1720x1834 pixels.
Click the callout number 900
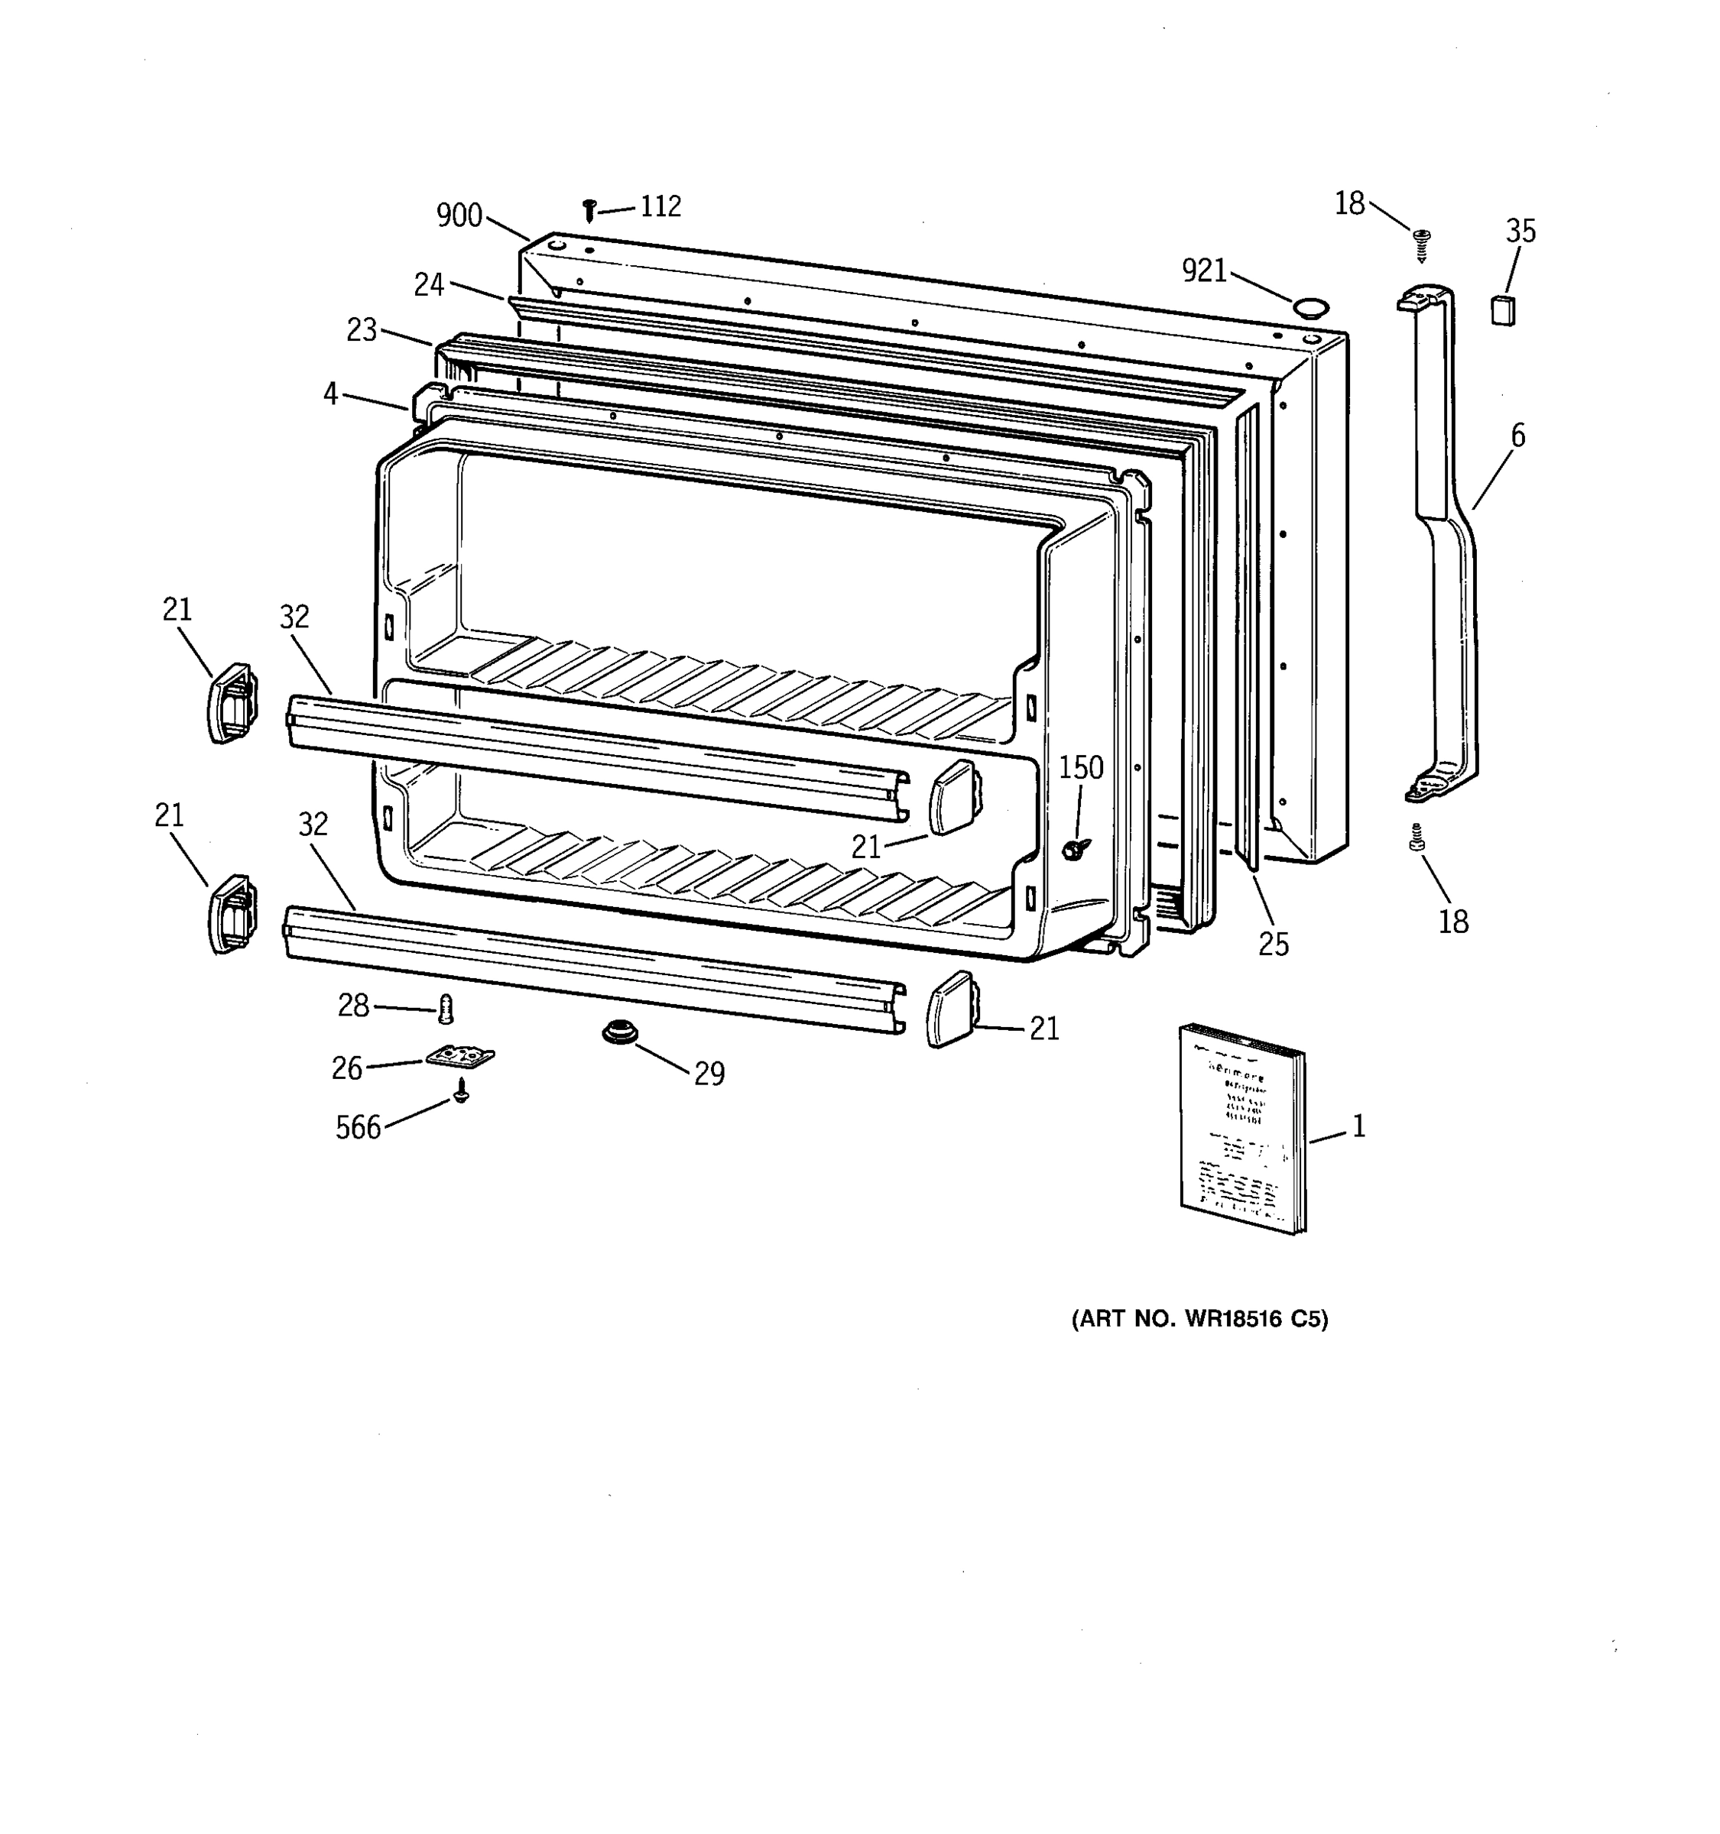coord(459,215)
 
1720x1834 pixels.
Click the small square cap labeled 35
coord(1502,310)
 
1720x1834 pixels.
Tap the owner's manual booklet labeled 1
coord(1242,1127)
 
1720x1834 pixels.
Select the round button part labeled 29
coord(619,1032)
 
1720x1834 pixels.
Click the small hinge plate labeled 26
coord(460,1055)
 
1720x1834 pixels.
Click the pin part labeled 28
coord(446,1009)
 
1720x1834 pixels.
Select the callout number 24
coord(429,285)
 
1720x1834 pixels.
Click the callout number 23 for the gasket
coord(362,329)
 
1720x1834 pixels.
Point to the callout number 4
coord(330,394)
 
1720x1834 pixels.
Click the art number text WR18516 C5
coord(1199,1319)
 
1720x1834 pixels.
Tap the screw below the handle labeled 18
coord(1417,838)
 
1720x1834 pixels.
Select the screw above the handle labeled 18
coord(1422,245)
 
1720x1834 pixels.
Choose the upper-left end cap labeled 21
coord(232,702)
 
